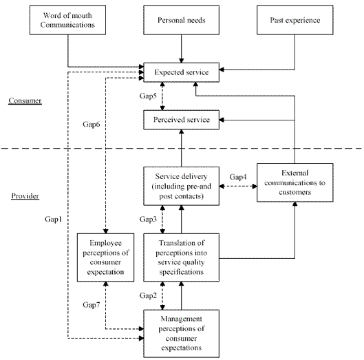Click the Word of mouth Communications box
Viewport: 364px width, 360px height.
[x=67, y=21]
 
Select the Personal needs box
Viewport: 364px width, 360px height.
[x=181, y=21]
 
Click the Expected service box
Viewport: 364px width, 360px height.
[x=181, y=70]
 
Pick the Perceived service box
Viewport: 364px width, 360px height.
[x=181, y=119]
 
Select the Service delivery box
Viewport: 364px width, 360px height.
[x=181, y=186]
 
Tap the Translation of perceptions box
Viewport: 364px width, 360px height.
[x=181, y=257]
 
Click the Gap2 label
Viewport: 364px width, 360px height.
[x=149, y=295]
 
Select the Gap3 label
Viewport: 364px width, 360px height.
[x=149, y=219]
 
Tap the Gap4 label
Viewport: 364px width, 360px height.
[x=238, y=178]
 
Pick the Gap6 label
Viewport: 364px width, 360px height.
[x=92, y=125]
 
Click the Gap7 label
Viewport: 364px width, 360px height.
[x=92, y=304]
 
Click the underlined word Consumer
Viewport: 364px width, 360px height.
[x=25, y=101]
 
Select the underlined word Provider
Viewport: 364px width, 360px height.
[x=25, y=196]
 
